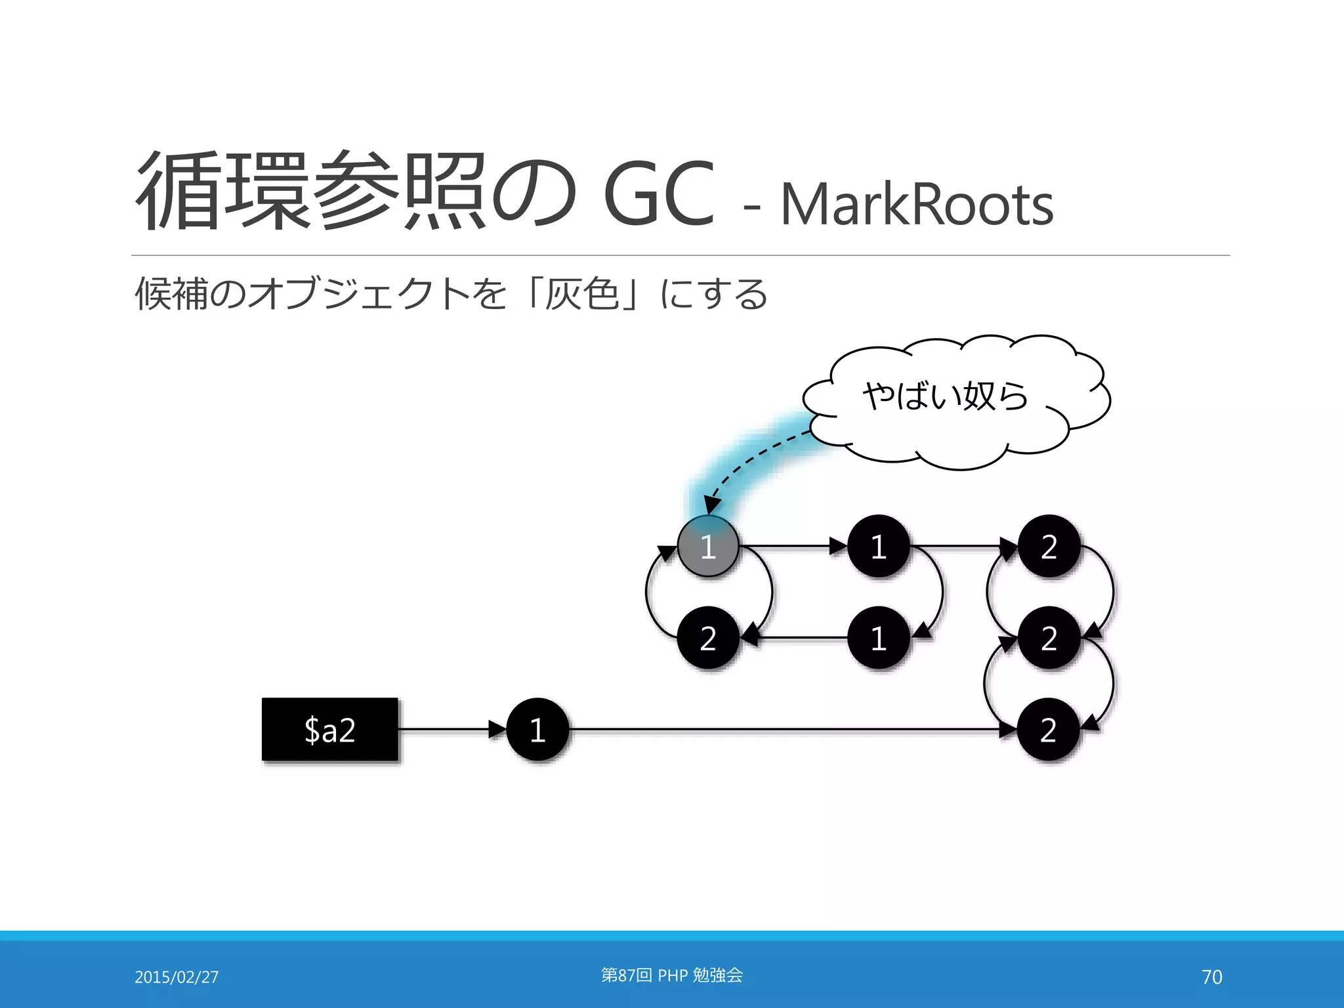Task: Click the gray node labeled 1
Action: pos(708,546)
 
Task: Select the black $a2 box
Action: pos(330,729)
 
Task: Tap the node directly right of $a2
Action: pos(537,729)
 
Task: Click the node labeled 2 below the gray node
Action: pos(708,638)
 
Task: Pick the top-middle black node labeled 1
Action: pos(879,546)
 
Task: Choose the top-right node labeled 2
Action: pos(1049,546)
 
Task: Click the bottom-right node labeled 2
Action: pos(1049,729)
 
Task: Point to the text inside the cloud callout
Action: pos(945,396)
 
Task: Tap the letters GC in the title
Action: pos(658,194)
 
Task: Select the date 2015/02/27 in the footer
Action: pos(177,976)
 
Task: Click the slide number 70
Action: pos(1211,976)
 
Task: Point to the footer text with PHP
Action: pos(672,975)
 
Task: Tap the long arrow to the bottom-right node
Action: pos(787,729)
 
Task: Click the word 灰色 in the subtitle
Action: pos(583,293)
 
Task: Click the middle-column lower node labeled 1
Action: pos(879,638)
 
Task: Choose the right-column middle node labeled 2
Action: pos(1049,638)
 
